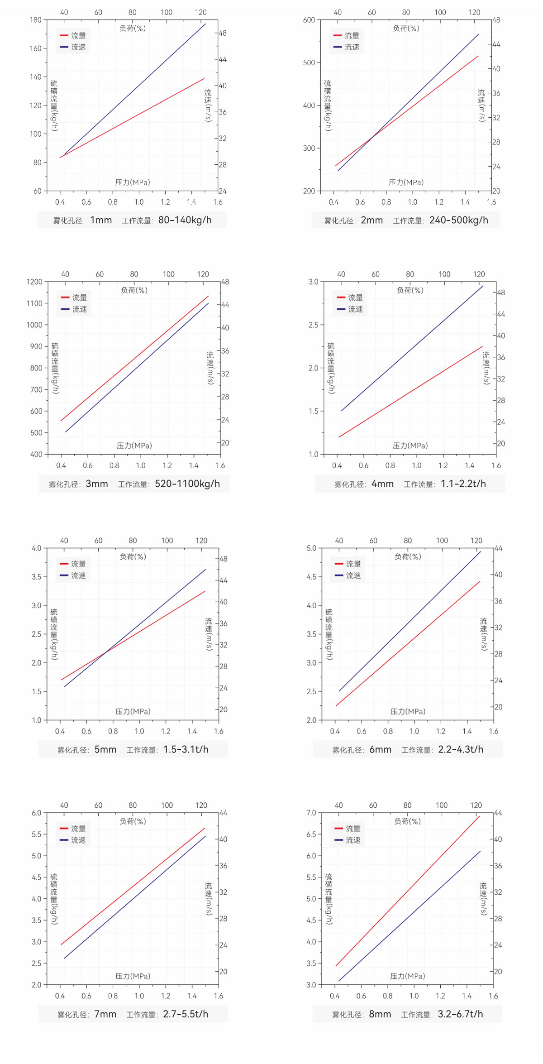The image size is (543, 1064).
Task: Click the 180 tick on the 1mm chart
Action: point(35,20)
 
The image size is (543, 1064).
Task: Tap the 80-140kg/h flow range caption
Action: point(185,220)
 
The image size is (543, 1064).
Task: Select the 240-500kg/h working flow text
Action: point(458,220)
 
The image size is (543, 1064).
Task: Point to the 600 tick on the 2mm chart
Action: point(309,20)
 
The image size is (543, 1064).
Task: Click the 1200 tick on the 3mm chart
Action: point(34,282)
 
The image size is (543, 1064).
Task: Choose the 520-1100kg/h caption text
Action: point(187,484)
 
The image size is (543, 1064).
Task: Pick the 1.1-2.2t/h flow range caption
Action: point(463,484)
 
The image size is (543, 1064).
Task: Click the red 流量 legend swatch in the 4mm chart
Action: point(341,297)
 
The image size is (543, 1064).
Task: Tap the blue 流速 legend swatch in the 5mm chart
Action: point(64,575)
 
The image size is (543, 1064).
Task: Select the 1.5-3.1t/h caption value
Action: point(186,749)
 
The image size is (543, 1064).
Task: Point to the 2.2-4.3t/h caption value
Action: point(460,749)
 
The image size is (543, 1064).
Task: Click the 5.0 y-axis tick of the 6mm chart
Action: point(311,548)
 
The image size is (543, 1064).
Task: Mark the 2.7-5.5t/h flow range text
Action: point(186,1014)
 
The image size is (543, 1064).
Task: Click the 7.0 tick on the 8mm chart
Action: point(311,813)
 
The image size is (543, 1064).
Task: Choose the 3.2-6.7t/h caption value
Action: point(460,1014)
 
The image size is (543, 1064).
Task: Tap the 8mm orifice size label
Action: point(380,1014)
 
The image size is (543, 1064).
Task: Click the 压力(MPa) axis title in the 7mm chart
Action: point(133,976)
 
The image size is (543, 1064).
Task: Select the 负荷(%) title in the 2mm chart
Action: point(406,28)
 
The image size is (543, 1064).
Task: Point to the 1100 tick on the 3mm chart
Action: point(34,303)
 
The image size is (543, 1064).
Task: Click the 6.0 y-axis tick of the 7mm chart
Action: point(37,813)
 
